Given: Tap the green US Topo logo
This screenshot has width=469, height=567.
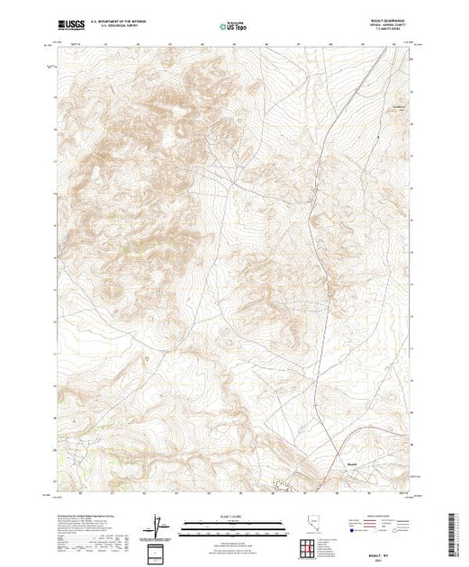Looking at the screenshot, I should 234,28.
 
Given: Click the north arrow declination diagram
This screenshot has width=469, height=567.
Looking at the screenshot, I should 158,525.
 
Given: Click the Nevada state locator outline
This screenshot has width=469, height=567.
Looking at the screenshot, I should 311,524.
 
